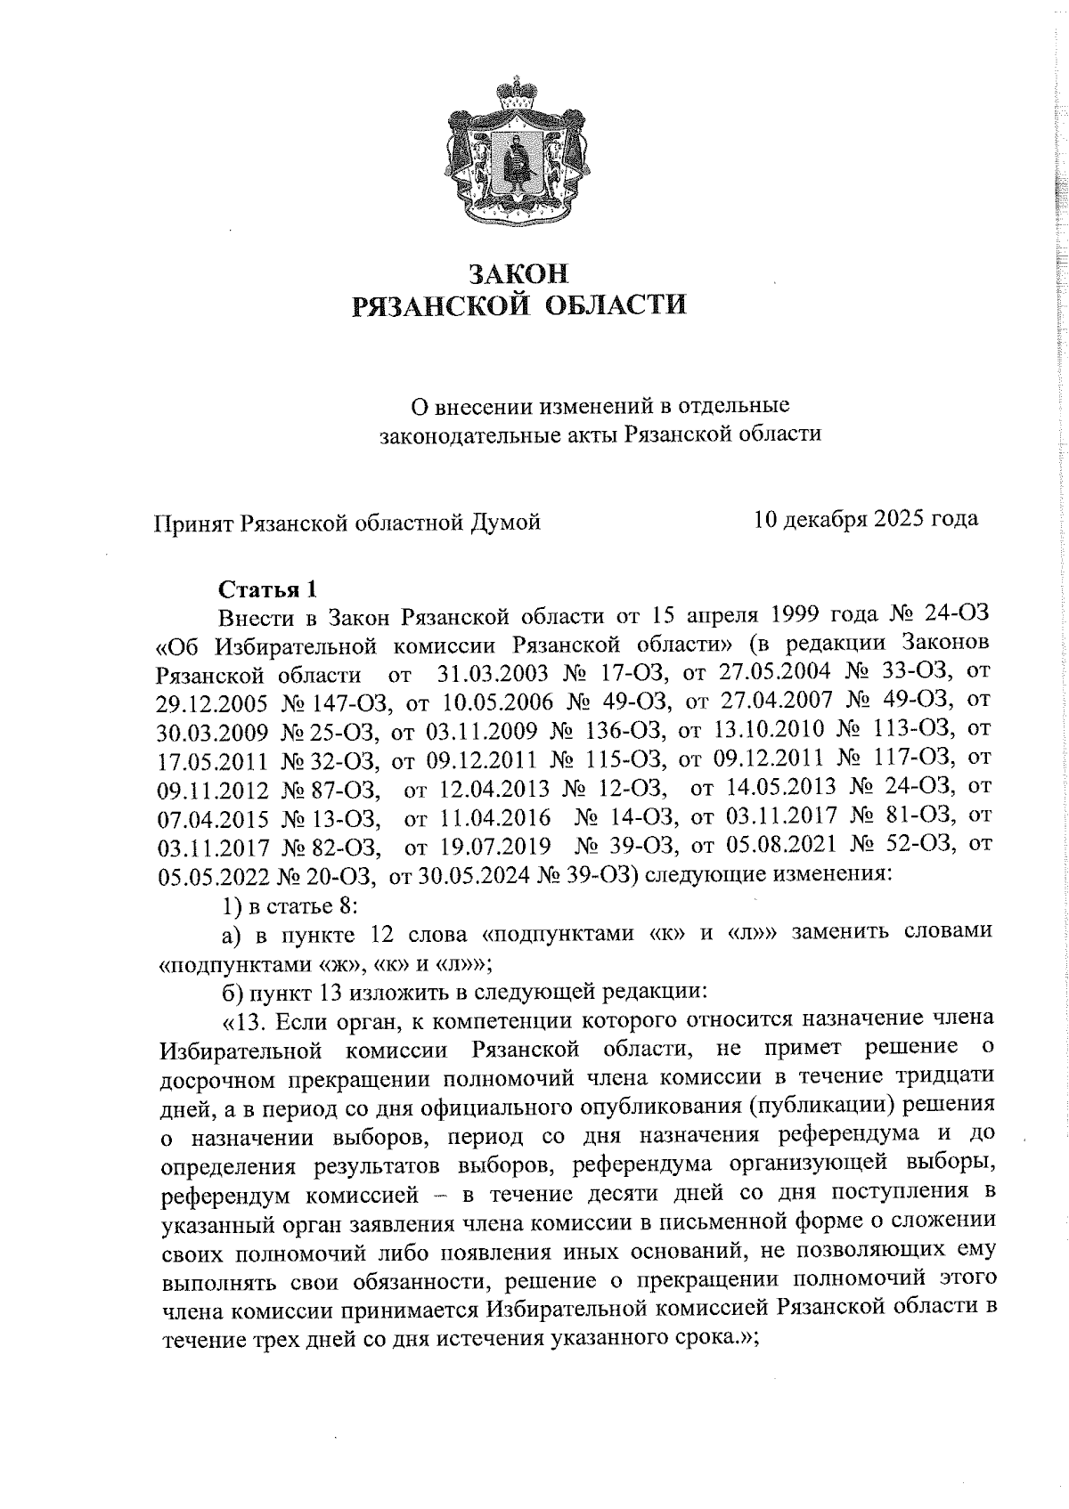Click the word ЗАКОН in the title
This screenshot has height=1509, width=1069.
[x=518, y=271]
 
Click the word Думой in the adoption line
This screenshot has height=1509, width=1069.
[x=506, y=523]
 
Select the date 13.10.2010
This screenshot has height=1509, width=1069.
[x=771, y=729]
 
